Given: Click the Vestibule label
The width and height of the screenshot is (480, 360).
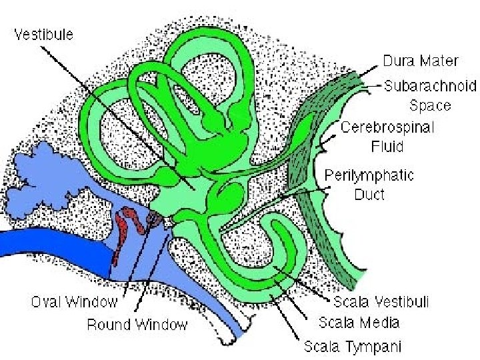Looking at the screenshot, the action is click(x=44, y=34).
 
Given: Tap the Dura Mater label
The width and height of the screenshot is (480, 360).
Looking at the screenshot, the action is click(x=420, y=61).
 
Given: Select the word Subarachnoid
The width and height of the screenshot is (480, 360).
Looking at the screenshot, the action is click(x=431, y=86).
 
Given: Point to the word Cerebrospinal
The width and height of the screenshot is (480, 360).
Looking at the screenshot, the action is click(x=387, y=127).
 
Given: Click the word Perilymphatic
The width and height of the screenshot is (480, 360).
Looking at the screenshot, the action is click(x=369, y=176).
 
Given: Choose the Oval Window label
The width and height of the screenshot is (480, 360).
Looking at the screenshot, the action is click(x=74, y=302).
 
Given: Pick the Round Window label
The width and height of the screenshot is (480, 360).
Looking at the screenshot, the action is click(x=137, y=325).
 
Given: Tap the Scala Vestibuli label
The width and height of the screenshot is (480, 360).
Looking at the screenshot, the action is click(x=381, y=302).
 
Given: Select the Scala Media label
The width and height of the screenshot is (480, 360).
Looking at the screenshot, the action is click(x=359, y=323).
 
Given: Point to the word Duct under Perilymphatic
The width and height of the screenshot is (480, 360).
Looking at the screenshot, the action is click(x=369, y=196).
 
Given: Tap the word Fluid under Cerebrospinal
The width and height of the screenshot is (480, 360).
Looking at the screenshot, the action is click(x=387, y=145).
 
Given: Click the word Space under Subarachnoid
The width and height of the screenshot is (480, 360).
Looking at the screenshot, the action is click(x=430, y=105).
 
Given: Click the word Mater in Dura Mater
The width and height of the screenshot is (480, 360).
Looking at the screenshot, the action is click(x=439, y=61).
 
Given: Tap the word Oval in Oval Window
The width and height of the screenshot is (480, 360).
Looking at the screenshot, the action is click(x=47, y=302).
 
